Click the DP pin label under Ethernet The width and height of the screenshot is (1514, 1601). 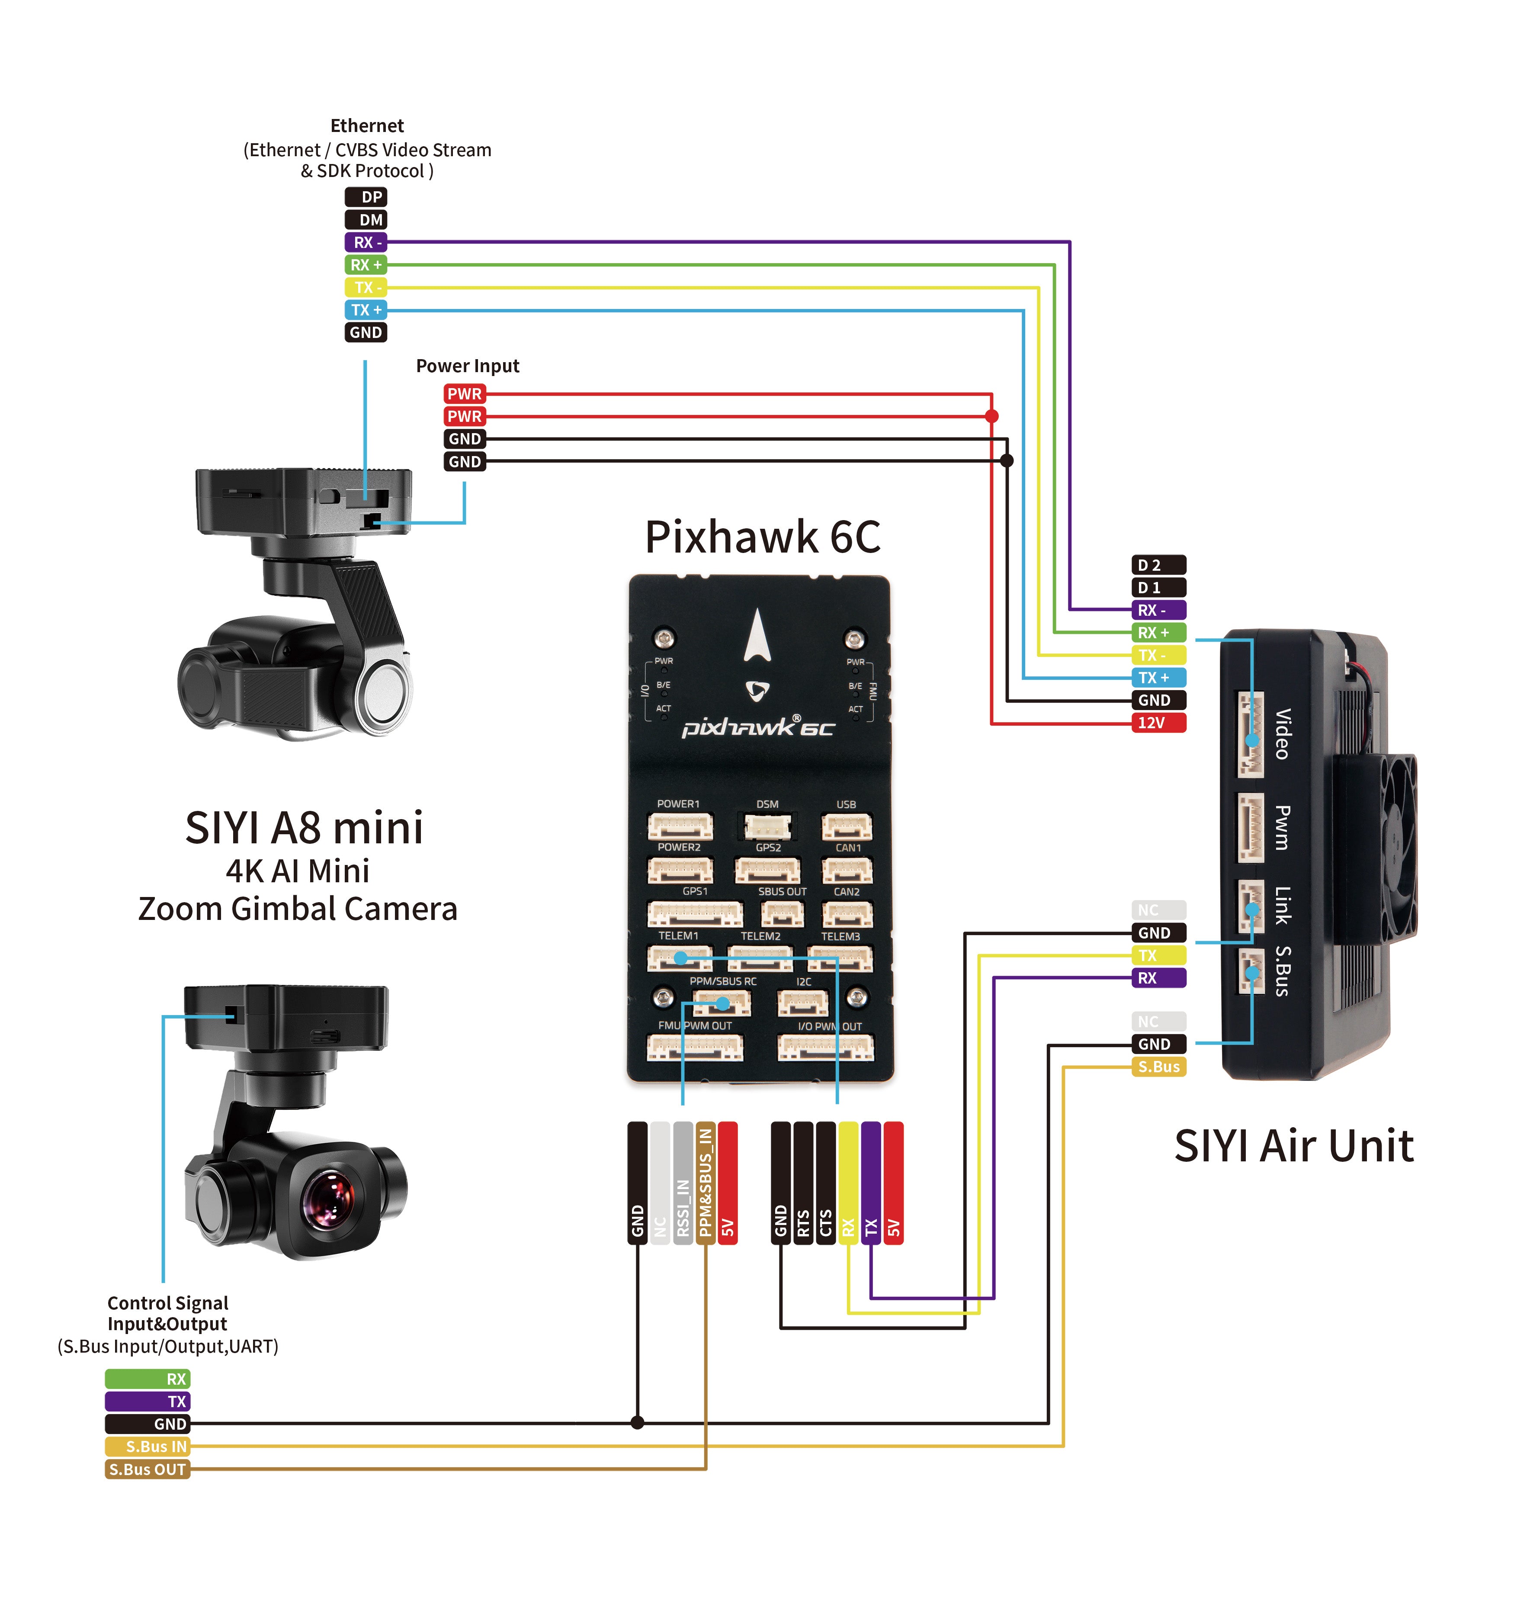(366, 197)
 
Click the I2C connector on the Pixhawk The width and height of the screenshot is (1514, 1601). (803, 1003)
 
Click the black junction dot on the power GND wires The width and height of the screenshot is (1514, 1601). (1007, 461)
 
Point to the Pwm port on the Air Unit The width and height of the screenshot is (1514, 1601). (1251, 828)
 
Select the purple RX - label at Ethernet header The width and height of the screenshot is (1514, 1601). (366, 242)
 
